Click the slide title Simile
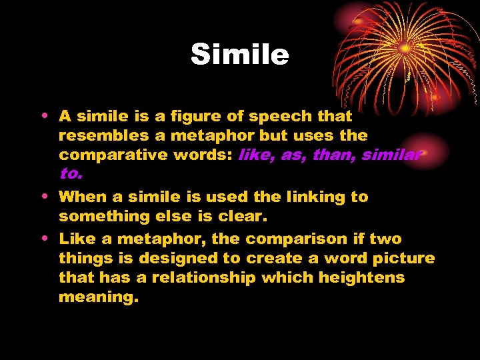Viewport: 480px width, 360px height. coord(240,55)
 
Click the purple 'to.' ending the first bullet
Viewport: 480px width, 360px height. coord(71,175)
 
